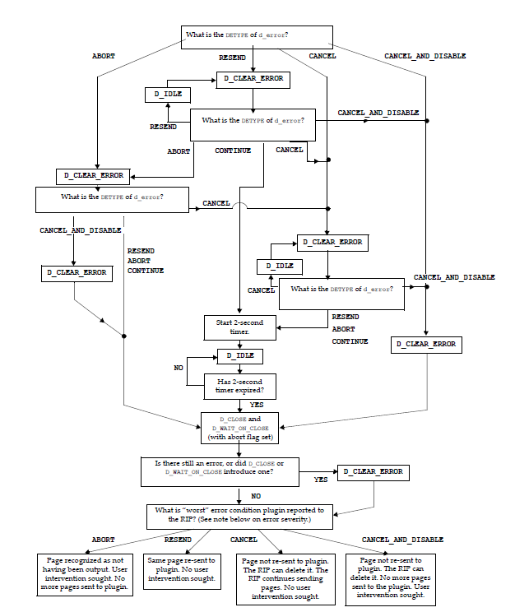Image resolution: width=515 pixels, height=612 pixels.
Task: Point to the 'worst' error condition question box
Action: coord(241,515)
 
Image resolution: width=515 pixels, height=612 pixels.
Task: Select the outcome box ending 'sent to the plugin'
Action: coord(385,578)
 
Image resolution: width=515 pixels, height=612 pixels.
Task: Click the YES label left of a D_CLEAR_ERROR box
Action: coord(321,478)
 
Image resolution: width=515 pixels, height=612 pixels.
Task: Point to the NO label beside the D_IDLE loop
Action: coord(178,368)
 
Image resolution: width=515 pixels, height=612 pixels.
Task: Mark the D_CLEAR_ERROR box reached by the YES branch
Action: coord(373,471)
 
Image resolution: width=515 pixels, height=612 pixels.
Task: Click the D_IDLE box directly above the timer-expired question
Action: coord(239,356)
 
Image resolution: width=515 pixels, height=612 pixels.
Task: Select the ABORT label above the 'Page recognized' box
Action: coord(103,540)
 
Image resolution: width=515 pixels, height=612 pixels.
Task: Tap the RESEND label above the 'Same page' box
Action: coord(178,540)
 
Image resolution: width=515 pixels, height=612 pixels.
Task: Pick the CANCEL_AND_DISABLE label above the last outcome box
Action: coord(402,540)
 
